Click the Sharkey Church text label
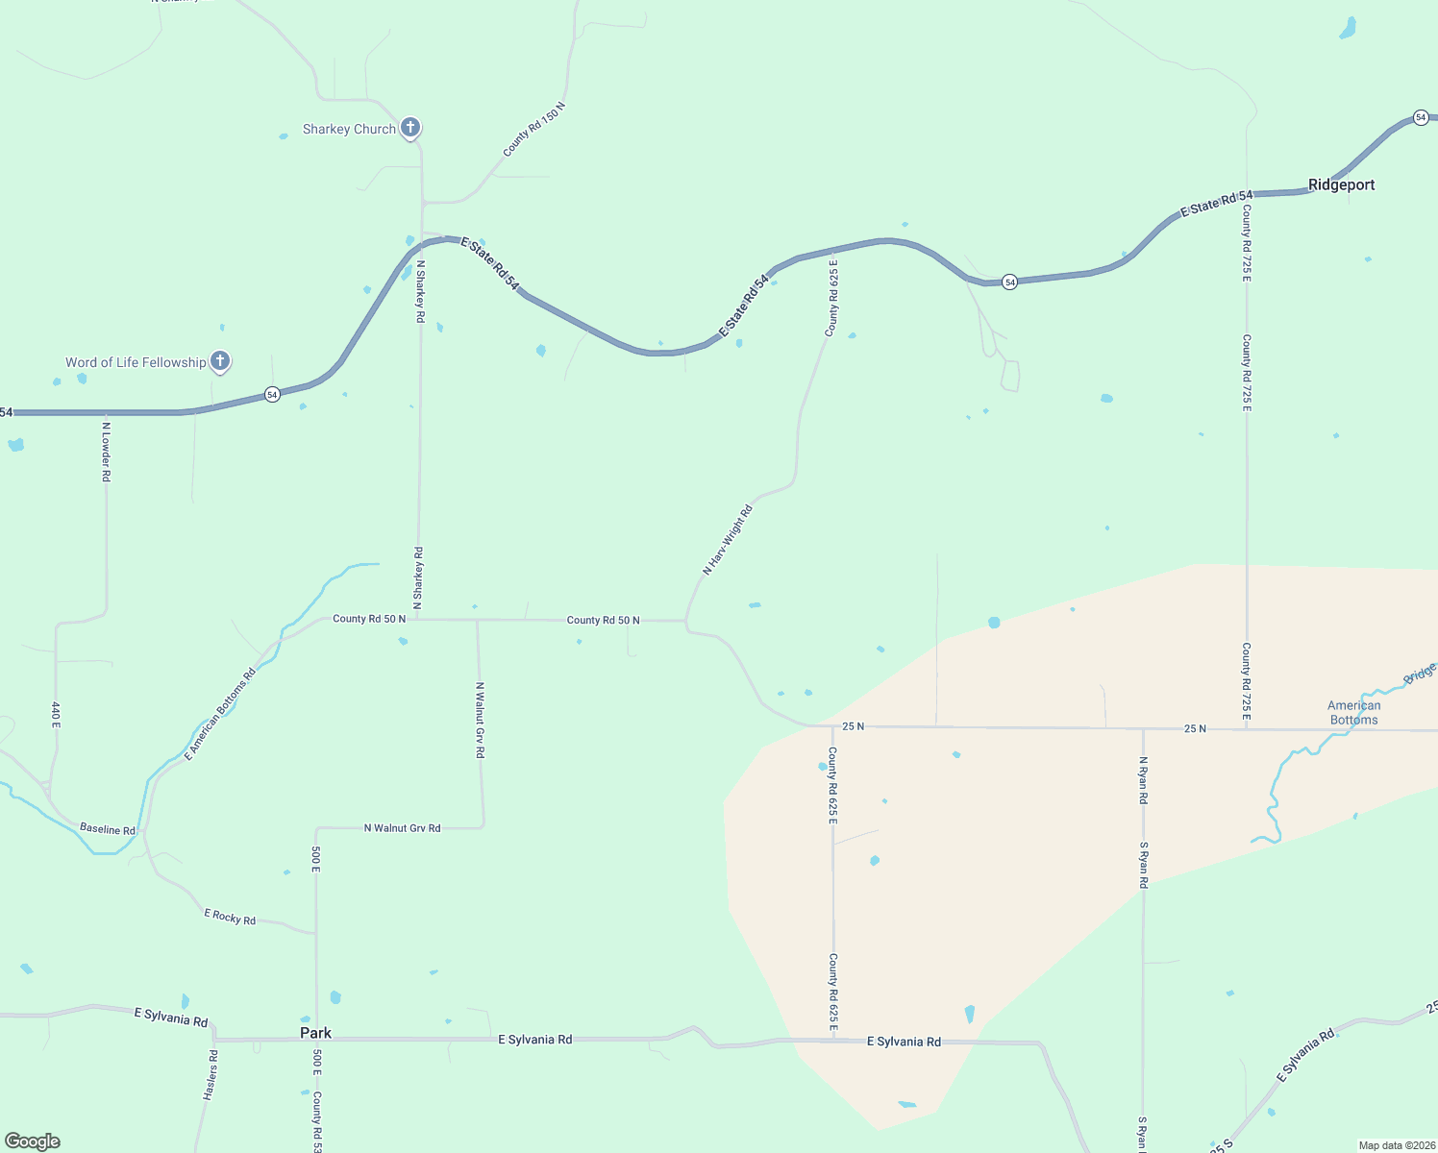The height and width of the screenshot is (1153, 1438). tap(349, 129)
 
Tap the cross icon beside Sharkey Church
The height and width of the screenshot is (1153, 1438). tap(410, 127)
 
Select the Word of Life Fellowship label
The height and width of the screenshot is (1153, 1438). tap(136, 362)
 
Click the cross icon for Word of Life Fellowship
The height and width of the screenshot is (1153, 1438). tap(220, 361)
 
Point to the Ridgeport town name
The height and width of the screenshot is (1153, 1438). tap(1341, 184)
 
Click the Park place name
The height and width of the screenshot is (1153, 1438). tap(315, 1033)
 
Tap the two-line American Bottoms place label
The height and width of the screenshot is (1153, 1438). tap(1353, 712)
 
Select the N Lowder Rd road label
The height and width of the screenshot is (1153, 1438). tap(107, 452)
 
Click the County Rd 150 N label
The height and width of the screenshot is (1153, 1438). tap(534, 129)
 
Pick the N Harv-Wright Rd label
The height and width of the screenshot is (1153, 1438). tap(728, 540)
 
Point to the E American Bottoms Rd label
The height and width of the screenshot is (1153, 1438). tap(220, 714)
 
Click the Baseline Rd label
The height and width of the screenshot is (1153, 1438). tap(108, 828)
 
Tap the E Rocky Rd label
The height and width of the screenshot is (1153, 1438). tap(230, 917)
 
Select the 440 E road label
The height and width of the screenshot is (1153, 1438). tap(56, 713)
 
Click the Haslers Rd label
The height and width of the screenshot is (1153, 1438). tap(211, 1075)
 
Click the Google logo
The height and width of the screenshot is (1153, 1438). tap(33, 1141)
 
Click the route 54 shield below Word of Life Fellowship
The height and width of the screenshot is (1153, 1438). tap(273, 395)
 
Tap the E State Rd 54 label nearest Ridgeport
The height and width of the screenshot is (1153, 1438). tap(1217, 204)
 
